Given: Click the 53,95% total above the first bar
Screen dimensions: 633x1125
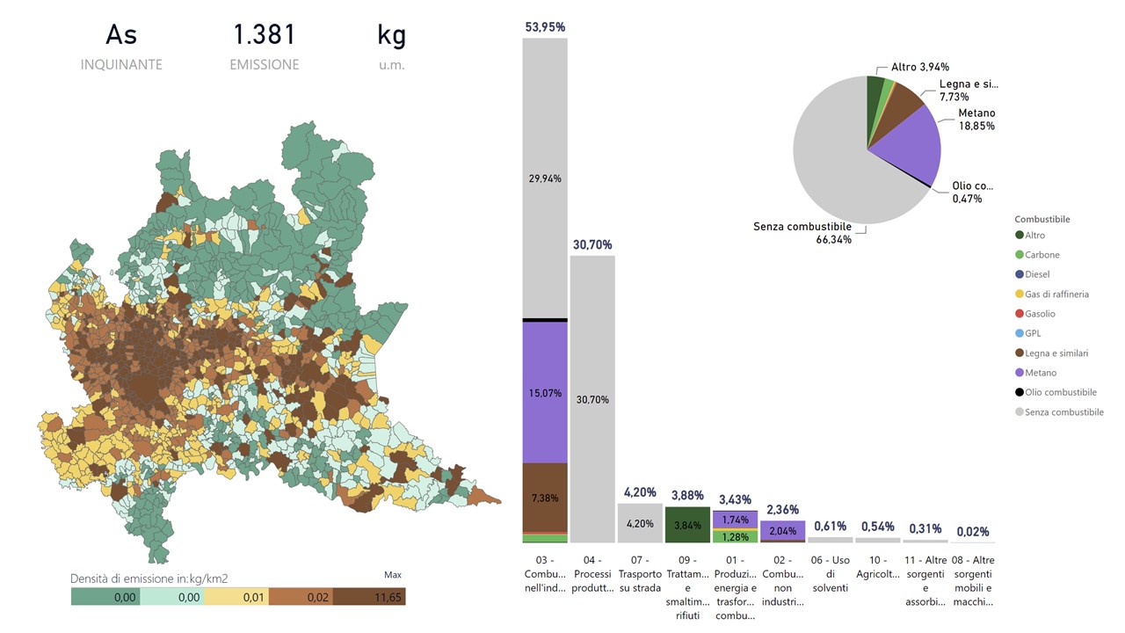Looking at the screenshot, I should coord(545,27).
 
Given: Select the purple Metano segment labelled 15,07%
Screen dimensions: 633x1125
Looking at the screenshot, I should coord(545,392).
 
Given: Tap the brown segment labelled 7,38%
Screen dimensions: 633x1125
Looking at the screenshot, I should coord(545,497).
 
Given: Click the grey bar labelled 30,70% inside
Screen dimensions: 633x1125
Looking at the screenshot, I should coord(592,399).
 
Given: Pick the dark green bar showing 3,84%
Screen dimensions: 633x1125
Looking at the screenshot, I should coord(687,524).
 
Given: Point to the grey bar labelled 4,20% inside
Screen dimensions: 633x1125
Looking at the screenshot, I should coord(640,523).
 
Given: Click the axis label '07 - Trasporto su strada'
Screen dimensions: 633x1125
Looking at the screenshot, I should coord(640,573).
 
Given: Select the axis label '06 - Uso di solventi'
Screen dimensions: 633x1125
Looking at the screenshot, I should coord(830,573).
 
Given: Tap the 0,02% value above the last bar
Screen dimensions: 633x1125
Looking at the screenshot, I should coord(973,532).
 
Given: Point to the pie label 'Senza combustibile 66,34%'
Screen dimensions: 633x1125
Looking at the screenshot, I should coord(802,233).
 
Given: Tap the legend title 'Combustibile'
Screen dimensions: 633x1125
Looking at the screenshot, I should coord(1042,219).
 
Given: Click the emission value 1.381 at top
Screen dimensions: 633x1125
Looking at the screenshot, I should coord(265,35).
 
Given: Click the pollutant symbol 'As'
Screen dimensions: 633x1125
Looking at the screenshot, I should coord(121,35).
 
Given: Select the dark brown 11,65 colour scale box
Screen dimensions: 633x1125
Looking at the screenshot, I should coord(370,597).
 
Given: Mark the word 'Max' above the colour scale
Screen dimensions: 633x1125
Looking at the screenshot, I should coord(393,575).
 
